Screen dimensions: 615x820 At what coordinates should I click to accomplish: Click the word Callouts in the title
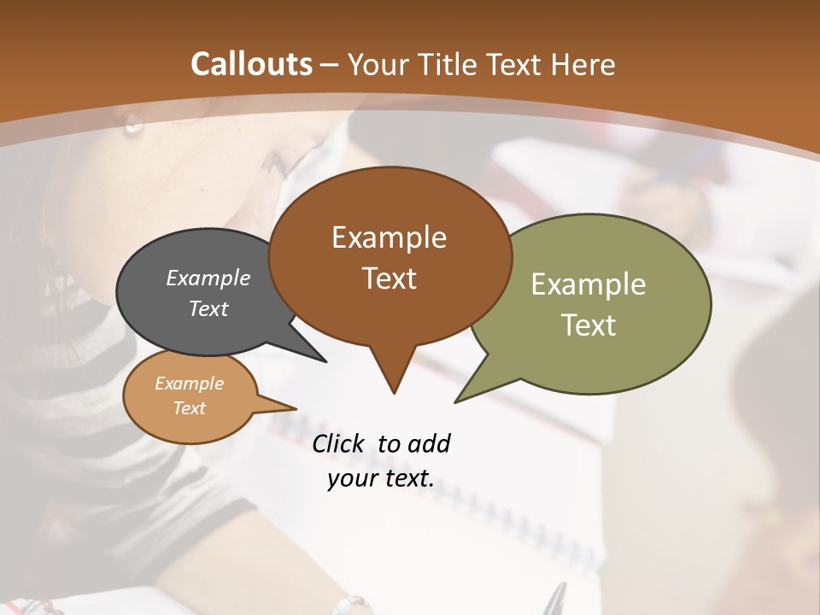coord(252,64)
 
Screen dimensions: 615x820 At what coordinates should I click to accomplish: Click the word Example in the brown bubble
coord(389,237)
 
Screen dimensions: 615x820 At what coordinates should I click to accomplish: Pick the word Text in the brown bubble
coord(389,278)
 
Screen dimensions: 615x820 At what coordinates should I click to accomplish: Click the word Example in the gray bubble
coord(208,278)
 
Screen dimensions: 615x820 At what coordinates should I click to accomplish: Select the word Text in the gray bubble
coord(208,308)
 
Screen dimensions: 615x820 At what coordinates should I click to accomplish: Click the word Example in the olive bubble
coord(589,284)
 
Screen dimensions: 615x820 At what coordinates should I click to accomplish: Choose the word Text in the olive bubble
coord(589,325)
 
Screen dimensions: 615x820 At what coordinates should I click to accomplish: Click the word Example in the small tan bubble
coord(189,384)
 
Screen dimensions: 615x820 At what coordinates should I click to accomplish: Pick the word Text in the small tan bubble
coord(189,408)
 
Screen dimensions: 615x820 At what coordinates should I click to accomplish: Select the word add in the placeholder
coord(429,443)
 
